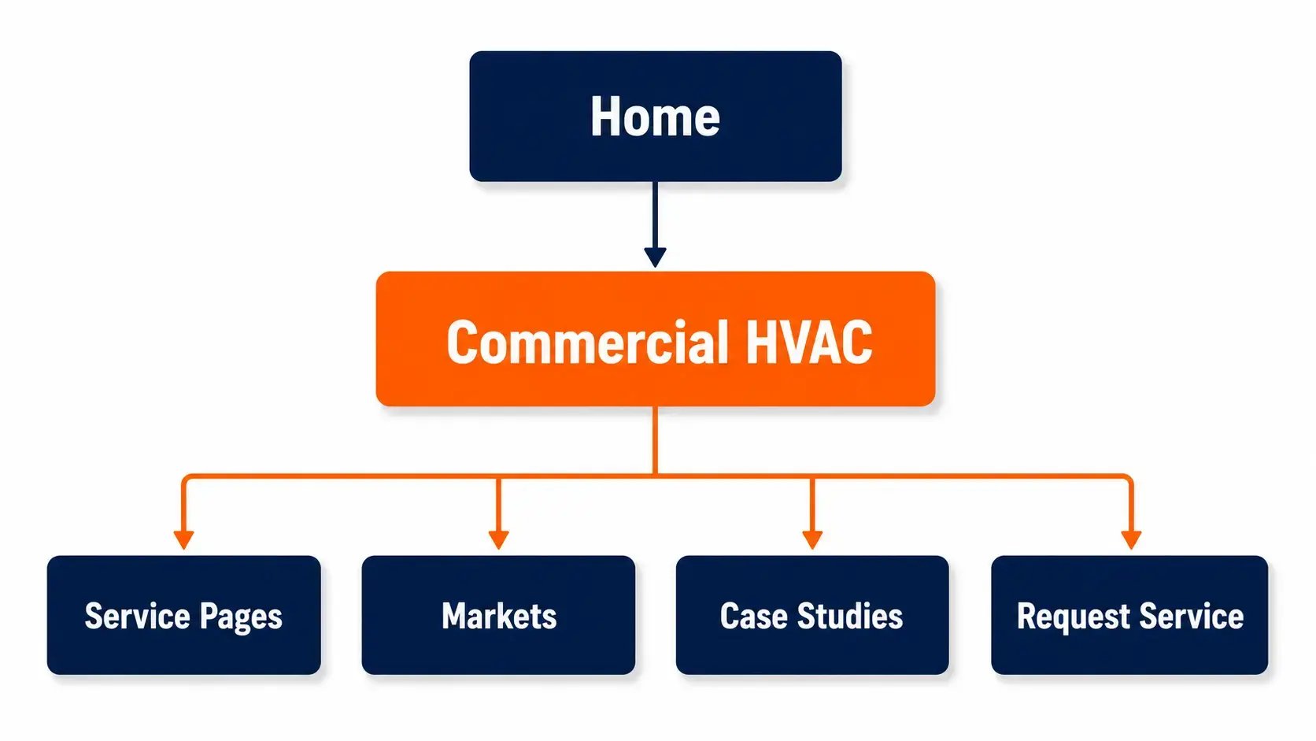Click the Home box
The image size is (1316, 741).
[x=656, y=117]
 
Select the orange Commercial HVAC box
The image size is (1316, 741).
[x=656, y=339]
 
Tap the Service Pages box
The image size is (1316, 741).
[x=184, y=615]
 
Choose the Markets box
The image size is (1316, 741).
[x=498, y=615]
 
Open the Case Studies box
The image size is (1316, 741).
[x=812, y=615]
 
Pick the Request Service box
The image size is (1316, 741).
[x=1129, y=615]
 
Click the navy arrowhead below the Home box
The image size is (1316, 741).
[x=655, y=257]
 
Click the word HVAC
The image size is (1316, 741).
[x=809, y=342]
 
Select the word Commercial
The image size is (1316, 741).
[x=587, y=342]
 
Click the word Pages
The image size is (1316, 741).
[x=241, y=617]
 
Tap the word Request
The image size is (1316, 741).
[x=1074, y=617]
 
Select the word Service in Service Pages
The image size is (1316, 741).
[x=138, y=616]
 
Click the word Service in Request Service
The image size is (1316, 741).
[x=1192, y=616]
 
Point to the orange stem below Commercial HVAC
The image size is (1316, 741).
[x=655, y=440]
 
